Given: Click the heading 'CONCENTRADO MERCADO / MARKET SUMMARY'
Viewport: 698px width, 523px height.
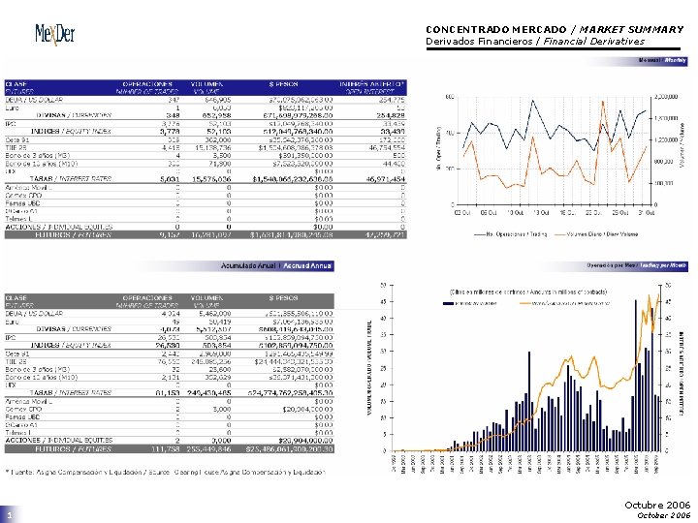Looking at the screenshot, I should point(555,29).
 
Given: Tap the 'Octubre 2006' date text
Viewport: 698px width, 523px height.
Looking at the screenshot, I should point(656,505).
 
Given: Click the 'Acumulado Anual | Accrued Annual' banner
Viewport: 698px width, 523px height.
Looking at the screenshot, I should point(276,265).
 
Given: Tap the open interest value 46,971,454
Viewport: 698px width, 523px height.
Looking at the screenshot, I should point(384,179).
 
